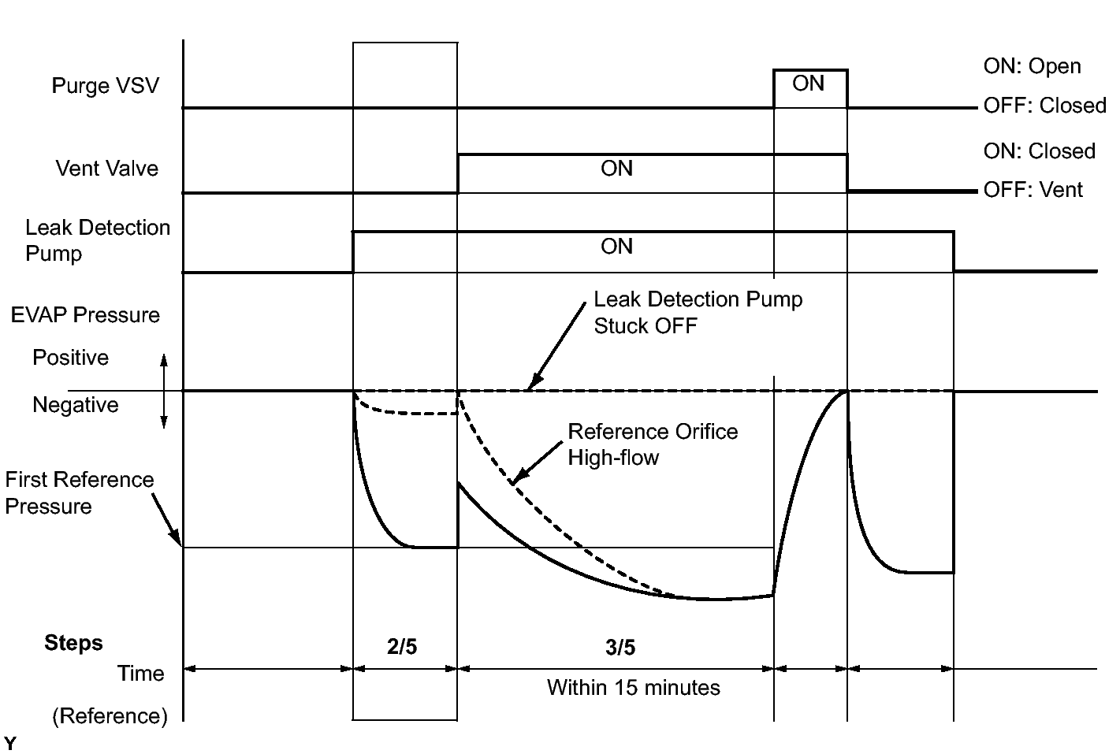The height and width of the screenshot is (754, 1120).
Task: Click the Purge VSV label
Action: [x=105, y=85]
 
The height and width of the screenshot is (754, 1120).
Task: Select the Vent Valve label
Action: [x=106, y=169]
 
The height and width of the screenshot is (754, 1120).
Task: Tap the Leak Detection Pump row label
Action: [x=97, y=240]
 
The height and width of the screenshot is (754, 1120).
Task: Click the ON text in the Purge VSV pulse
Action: [x=808, y=84]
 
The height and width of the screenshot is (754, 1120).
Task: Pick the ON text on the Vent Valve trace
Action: [x=616, y=169]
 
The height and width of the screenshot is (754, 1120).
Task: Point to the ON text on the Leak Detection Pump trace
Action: [x=616, y=247]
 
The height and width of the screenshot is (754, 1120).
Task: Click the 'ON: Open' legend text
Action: [x=1032, y=66]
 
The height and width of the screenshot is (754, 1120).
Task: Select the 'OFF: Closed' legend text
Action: [x=1044, y=106]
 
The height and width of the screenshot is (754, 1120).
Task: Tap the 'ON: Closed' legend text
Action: [x=1039, y=151]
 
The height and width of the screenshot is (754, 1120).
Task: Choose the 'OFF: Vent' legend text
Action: [x=1033, y=190]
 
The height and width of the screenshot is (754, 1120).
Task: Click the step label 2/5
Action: [x=402, y=648]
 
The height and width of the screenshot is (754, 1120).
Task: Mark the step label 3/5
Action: [x=620, y=648]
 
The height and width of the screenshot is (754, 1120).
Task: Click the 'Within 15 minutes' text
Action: [x=633, y=688]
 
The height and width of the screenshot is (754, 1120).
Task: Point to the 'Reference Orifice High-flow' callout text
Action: [x=653, y=444]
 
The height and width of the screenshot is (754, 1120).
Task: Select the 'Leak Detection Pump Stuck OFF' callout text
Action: [x=698, y=313]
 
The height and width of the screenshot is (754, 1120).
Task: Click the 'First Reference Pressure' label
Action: [x=79, y=492]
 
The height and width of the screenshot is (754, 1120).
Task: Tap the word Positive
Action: [x=70, y=358]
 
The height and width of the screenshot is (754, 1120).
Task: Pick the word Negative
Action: [x=75, y=405]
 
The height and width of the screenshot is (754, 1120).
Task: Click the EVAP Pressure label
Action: [x=85, y=315]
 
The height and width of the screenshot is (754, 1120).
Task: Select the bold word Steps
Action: [x=73, y=643]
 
